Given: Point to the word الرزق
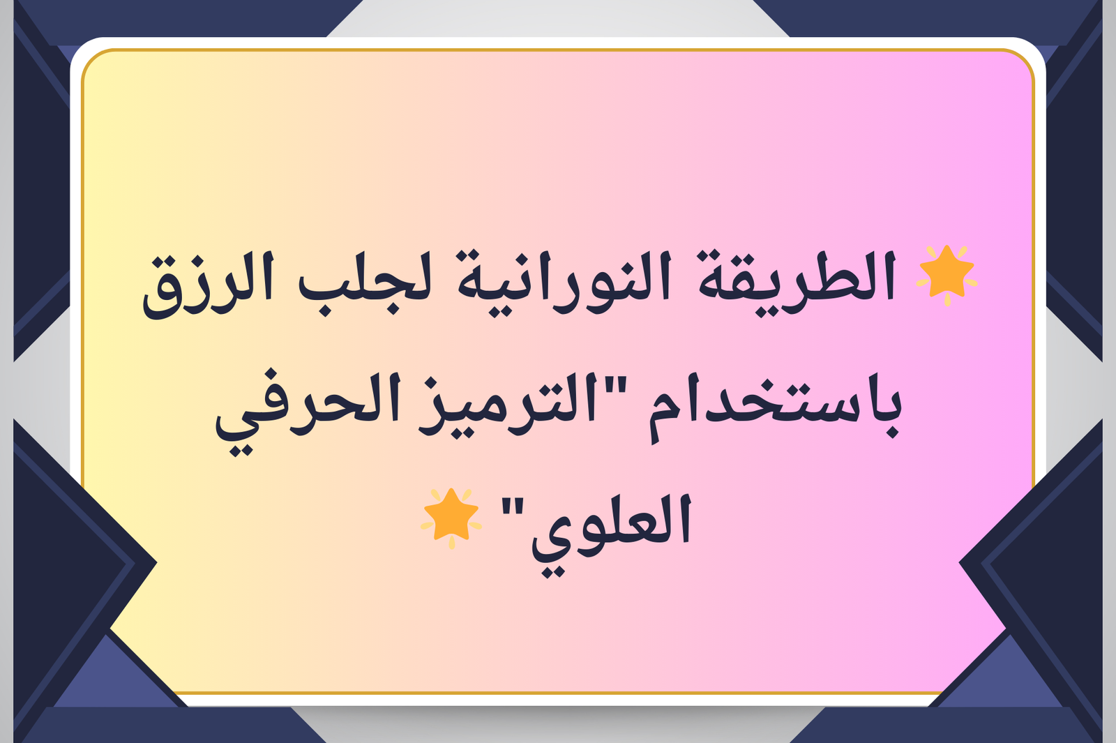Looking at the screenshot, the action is (x=209, y=287).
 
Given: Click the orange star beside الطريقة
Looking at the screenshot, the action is (x=947, y=275).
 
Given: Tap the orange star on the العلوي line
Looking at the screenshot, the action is (x=451, y=518).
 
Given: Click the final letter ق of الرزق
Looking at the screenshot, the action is (x=165, y=293).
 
